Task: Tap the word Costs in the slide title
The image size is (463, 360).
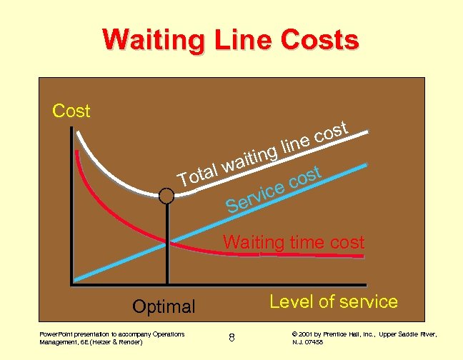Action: click(319, 40)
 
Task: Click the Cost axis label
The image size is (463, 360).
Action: click(71, 111)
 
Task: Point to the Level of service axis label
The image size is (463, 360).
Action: click(333, 301)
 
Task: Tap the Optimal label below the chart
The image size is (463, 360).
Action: click(164, 307)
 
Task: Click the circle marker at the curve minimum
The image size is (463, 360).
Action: click(166, 196)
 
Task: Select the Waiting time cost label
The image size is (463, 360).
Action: click(294, 242)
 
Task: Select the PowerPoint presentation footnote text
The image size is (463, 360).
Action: click(111, 338)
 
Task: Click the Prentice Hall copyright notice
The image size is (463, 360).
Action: click(364, 338)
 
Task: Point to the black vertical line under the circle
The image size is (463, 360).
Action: click(167, 243)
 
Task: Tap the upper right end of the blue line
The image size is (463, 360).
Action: click(367, 164)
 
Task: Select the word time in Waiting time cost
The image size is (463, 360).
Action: click(307, 242)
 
